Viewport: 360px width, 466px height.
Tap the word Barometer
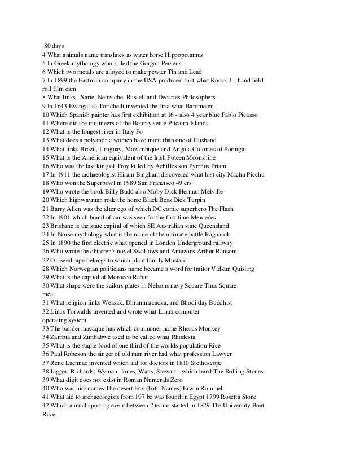pos(196,105)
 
